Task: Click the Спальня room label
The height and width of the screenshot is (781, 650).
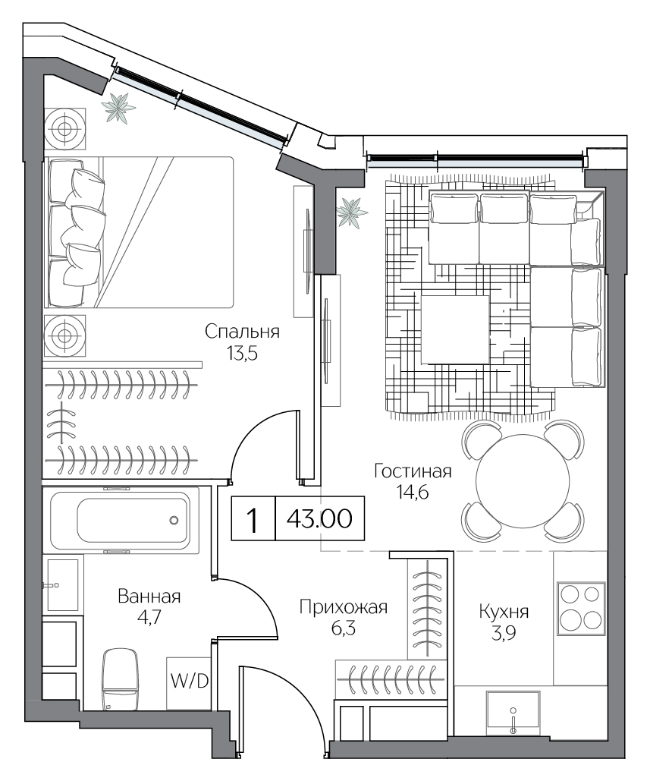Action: [x=243, y=332]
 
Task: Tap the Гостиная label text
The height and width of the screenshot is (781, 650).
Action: [x=413, y=471]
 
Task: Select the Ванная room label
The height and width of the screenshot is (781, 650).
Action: [x=149, y=597]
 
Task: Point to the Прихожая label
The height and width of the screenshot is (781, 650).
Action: [x=344, y=608]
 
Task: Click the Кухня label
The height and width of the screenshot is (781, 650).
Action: [x=504, y=612]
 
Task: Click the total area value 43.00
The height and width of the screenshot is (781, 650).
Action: [x=319, y=518]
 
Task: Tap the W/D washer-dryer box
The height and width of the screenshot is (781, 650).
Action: [x=189, y=682]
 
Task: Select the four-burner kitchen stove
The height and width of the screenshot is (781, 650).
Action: [x=580, y=608]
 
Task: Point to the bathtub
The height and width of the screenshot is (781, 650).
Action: [x=121, y=521]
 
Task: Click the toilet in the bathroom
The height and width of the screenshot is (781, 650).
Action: [x=120, y=679]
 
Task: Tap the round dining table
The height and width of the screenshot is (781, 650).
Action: [x=523, y=480]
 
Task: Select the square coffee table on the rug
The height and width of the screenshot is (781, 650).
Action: [x=455, y=329]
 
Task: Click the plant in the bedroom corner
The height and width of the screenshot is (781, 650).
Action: [x=118, y=108]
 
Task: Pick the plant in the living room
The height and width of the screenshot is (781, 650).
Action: [x=352, y=213]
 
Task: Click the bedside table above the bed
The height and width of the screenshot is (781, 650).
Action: [x=64, y=128]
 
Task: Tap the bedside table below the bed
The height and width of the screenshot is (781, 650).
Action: [x=64, y=335]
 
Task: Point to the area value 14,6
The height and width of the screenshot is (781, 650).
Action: [x=413, y=492]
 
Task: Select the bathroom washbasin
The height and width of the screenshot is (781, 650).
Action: [x=63, y=584]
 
